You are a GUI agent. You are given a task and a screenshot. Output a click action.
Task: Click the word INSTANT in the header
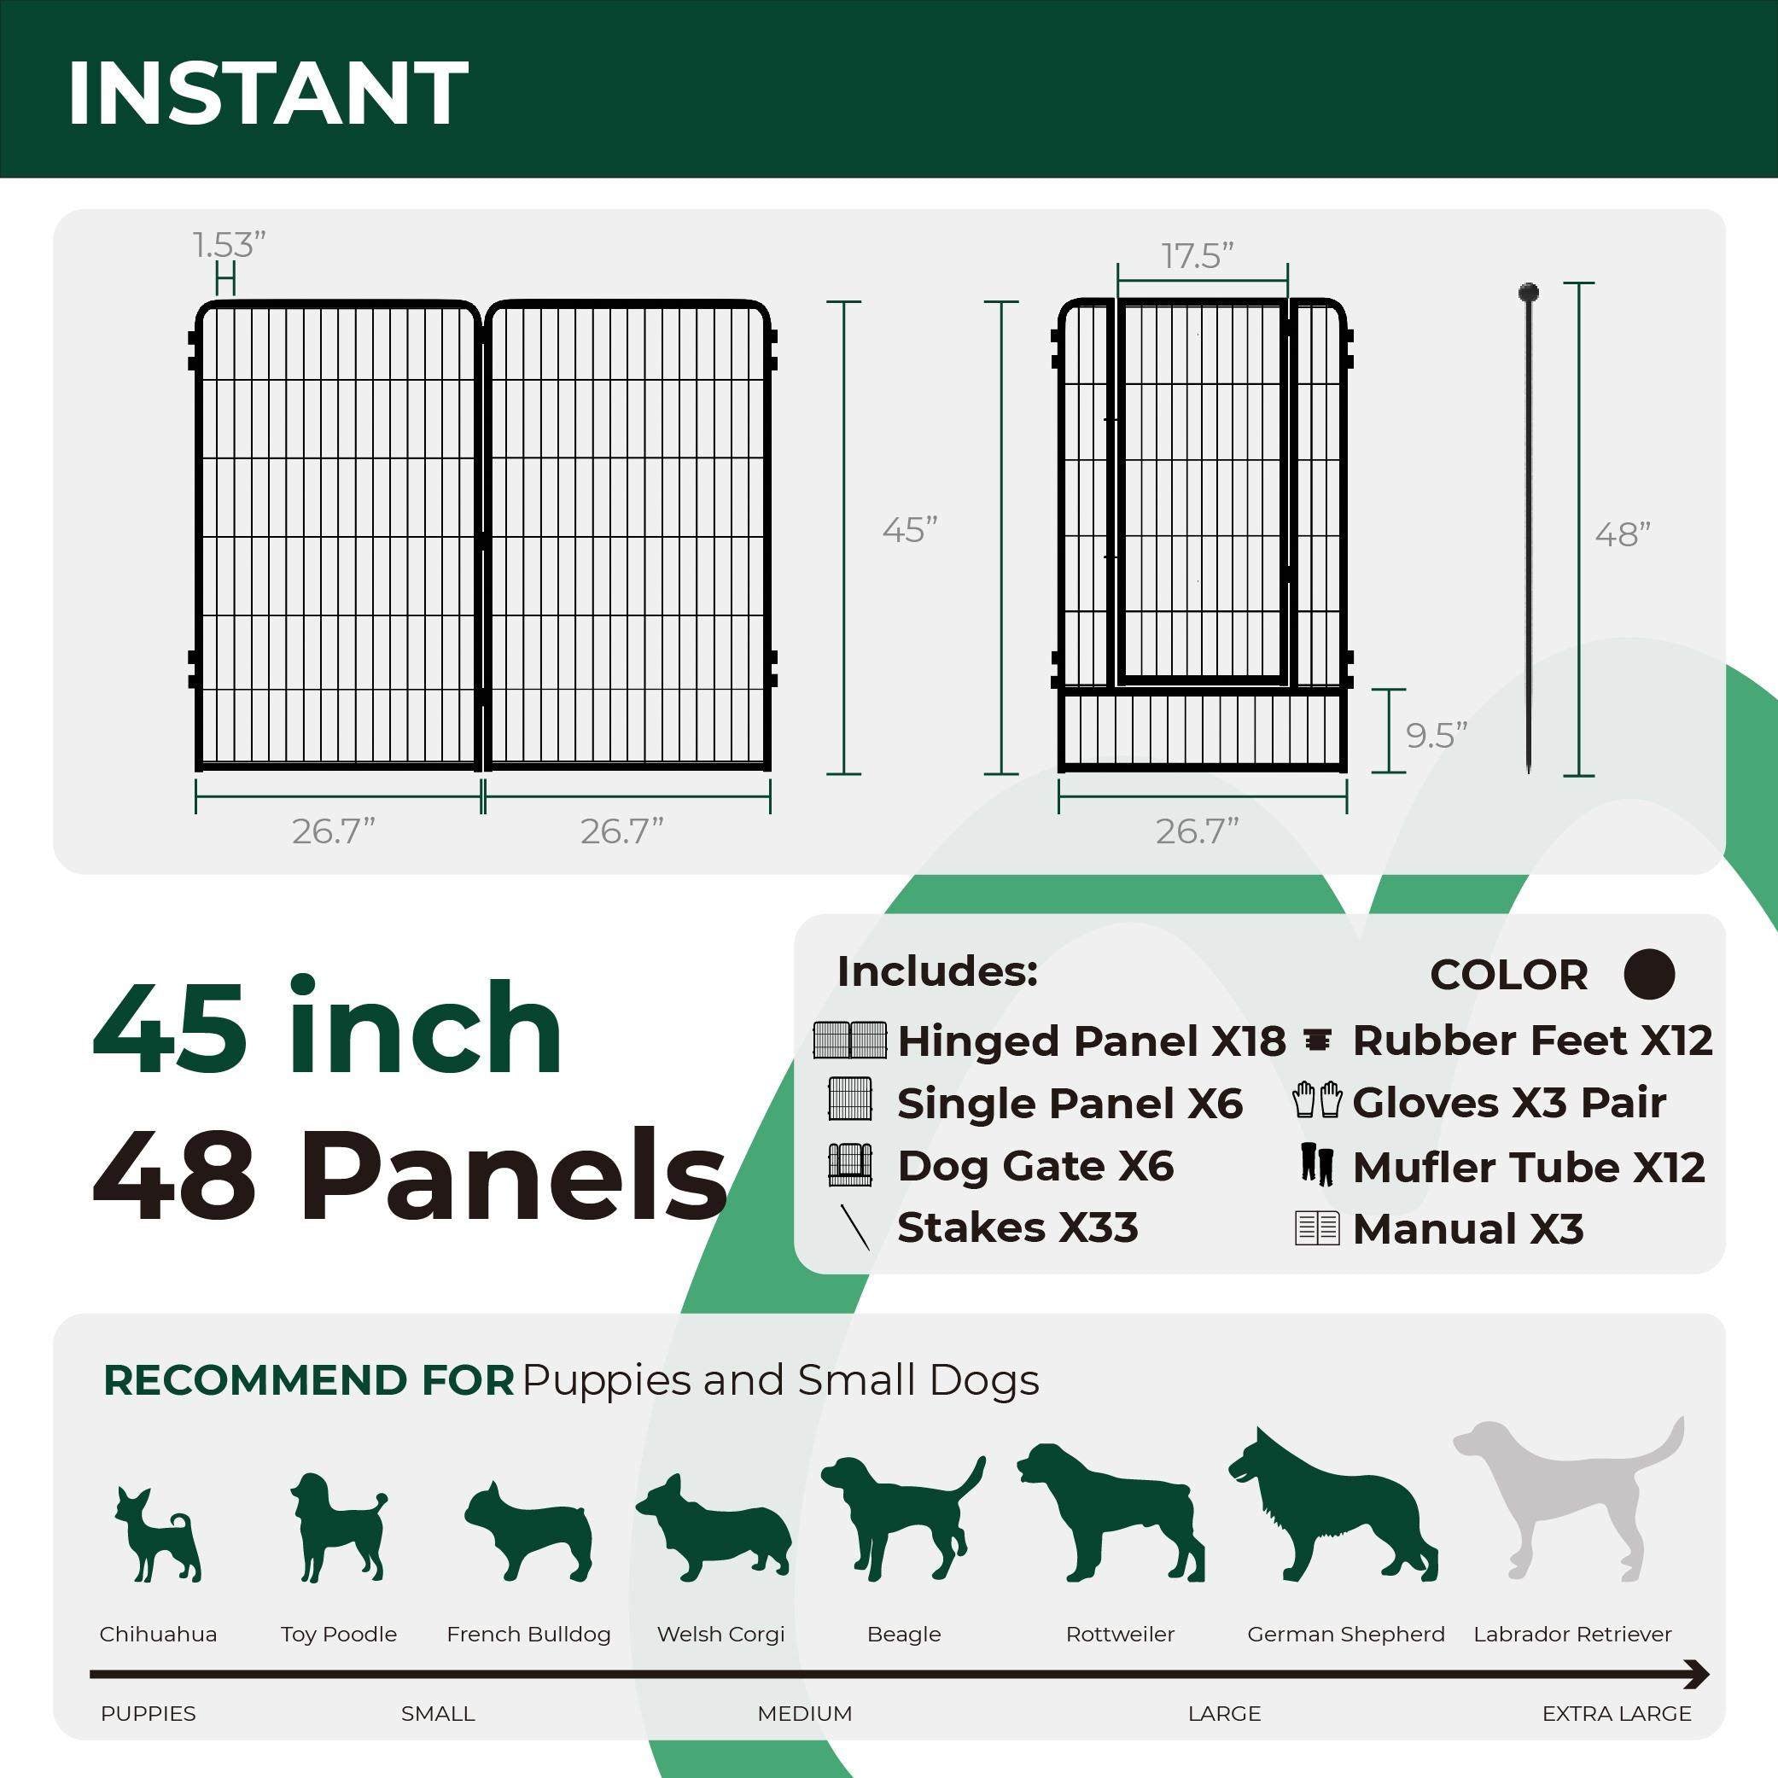click(x=268, y=93)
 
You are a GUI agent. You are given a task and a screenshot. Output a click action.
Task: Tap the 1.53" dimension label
click(x=229, y=245)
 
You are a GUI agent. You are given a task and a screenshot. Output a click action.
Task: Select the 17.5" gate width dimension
click(x=1197, y=256)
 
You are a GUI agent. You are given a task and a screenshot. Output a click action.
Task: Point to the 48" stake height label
click(x=1623, y=534)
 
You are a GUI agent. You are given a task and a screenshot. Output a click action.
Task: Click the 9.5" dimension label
click(x=1436, y=735)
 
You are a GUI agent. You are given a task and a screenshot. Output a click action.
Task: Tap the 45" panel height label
click(x=909, y=530)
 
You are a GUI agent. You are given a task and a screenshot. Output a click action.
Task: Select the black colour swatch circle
click(x=1649, y=974)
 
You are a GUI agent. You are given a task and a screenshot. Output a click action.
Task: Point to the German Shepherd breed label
click(x=1345, y=1635)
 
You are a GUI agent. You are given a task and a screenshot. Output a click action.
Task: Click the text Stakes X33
click(x=1017, y=1227)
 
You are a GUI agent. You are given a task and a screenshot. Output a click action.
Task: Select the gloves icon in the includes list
click(x=1317, y=1100)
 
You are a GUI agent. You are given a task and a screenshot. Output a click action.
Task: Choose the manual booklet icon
click(x=1317, y=1227)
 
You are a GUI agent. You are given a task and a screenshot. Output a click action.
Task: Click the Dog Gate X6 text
click(x=1035, y=1166)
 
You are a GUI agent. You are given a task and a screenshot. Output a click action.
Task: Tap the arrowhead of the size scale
click(x=1698, y=1675)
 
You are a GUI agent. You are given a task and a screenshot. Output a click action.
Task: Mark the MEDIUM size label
click(x=804, y=1714)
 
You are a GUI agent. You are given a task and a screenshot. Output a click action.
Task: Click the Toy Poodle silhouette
click(x=337, y=1528)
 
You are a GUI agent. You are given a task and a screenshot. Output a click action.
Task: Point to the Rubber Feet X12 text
click(x=1532, y=1041)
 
